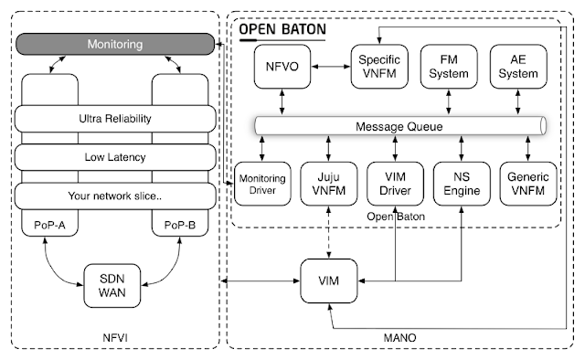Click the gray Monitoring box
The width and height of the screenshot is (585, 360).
click(x=115, y=44)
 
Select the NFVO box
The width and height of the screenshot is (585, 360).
click(x=277, y=66)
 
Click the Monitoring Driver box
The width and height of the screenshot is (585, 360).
click(x=262, y=182)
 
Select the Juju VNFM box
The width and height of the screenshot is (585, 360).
click(x=327, y=182)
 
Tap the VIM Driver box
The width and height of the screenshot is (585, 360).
click(x=393, y=182)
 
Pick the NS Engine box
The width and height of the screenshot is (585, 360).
click(x=459, y=182)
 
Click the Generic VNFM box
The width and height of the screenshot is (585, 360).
click(x=527, y=182)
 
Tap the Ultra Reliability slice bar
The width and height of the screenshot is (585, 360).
click(x=115, y=119)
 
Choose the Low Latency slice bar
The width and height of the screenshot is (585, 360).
click(x=115, y=157)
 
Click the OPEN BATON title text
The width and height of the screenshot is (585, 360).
click(x=282, y=28)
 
